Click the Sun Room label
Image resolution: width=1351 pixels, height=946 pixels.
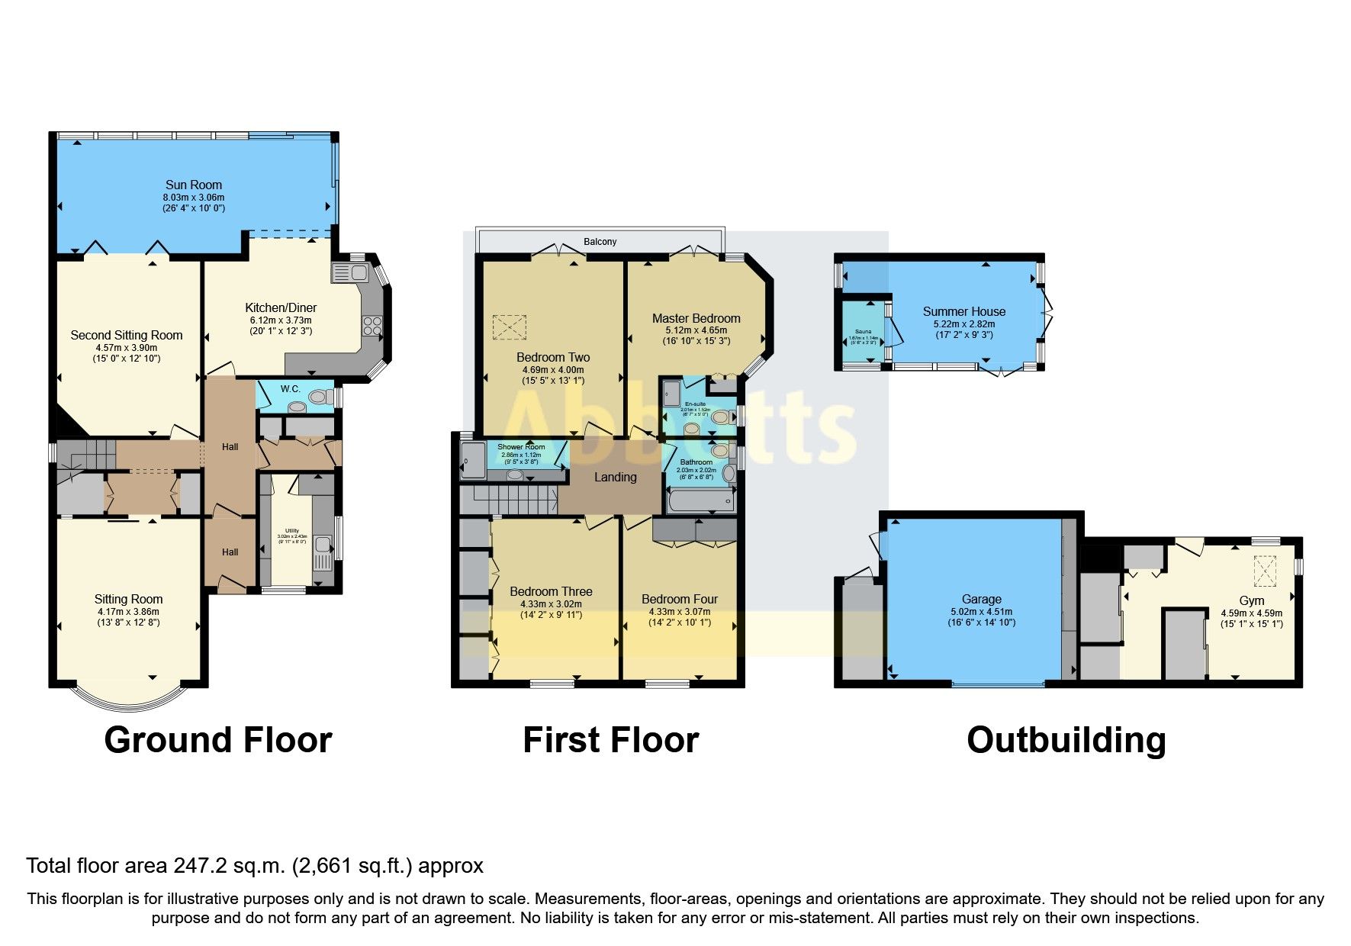(x=194, y=185)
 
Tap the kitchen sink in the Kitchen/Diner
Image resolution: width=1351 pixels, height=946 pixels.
(x=349, y=272)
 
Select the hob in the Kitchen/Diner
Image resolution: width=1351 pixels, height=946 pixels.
(x=372, y=327)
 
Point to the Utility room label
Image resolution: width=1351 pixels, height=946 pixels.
(x=291, y=530)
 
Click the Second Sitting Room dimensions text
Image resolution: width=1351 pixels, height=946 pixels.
(x=127, y=352)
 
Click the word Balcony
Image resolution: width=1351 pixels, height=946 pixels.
(x=600, y=242)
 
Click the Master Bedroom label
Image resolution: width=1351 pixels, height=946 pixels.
(x=696, y=318)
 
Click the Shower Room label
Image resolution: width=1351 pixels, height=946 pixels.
(x=521, y=447)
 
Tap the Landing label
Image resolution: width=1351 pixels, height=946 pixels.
(x=615, y=477)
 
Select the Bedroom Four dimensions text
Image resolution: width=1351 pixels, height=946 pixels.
(x=679, y=616)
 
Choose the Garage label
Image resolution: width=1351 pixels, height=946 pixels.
(x=981, y=599)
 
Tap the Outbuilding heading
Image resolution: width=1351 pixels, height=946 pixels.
(x=1066, y=740)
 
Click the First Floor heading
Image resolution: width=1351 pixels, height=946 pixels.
(x=610, y=740)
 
